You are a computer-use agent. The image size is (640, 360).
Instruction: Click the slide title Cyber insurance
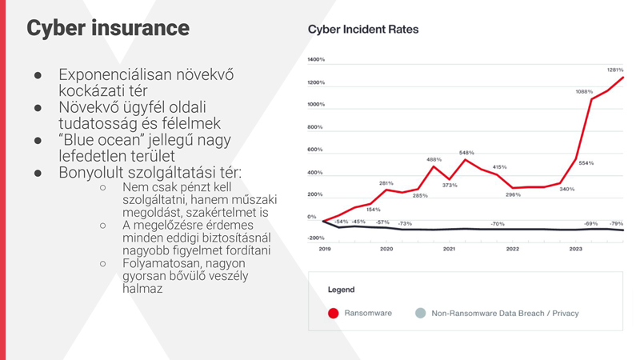(x=107, y=28)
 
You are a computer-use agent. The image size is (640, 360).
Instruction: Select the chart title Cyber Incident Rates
(x=362, y=30)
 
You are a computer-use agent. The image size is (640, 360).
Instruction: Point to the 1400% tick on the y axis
(x=316, y=60)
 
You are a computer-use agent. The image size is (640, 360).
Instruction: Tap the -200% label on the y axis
(x=316, y=238)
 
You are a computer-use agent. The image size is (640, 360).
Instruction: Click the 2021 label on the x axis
(x=449, y=250)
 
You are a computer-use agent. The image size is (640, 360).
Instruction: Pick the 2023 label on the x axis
(x=575, y=250)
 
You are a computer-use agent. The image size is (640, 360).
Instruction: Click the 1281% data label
(x=614, y=70)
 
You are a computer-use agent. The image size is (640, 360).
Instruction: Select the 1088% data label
(x=584, y=92)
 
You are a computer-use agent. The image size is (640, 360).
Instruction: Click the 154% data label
(x=373, y=210)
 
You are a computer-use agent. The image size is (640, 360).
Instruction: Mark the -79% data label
(x=616, y=224)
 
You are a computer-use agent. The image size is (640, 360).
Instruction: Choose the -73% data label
(x=406, y=224)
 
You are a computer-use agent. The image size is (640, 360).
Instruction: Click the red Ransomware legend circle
(x=334, y=313)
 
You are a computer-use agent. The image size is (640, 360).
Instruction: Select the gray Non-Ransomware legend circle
(x=420, y=313)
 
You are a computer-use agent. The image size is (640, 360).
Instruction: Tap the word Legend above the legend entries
(x=341, y=290)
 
